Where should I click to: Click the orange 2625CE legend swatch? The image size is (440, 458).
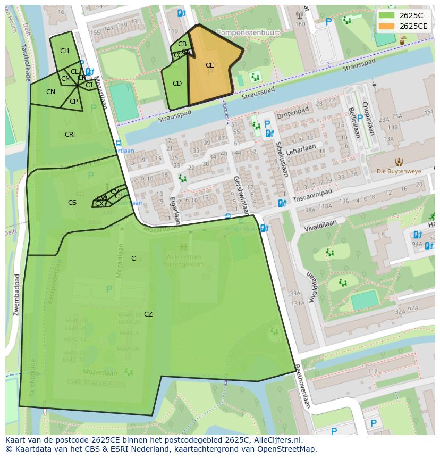pos(387,26)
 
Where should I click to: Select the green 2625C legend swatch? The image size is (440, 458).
pos(387,15)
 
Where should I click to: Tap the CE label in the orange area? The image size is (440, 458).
pos(209,65)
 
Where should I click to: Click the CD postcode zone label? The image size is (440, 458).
pos(177,84)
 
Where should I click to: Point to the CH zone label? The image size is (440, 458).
pos(64,51)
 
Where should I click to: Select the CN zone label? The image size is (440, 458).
pos(50,92)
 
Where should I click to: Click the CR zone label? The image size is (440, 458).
pos(69,135)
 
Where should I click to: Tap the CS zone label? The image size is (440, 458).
pos(72,202)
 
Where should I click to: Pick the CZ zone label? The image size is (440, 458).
pos(148,314)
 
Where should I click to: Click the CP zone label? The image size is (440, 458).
pos(73,102)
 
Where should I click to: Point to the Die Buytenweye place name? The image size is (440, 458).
pos(399,171)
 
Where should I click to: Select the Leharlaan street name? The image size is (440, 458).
pos(301,149)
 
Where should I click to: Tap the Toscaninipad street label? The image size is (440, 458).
pos(312,195)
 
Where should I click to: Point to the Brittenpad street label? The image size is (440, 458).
pos(292,113)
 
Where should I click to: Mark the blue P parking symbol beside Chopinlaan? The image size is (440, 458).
pos(360,118)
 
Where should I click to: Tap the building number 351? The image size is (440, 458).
pos(428,111)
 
